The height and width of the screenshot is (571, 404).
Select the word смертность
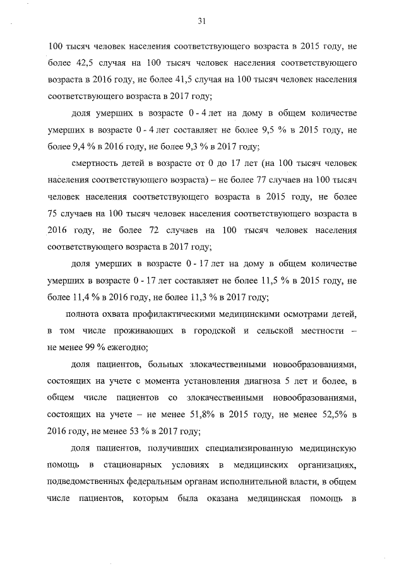[98, 163]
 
